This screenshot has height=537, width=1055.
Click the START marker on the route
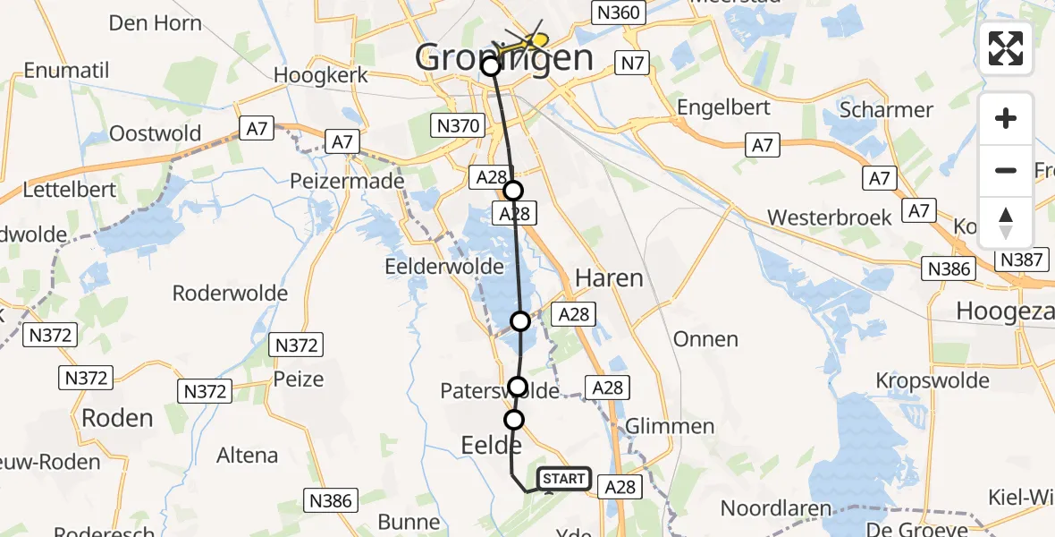563,479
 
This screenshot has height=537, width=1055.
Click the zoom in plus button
1006,118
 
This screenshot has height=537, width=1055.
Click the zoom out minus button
1006,170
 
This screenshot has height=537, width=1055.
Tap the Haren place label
609,278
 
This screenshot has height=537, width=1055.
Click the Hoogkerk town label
322,75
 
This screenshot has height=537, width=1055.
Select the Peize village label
299,379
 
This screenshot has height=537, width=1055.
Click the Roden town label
117,418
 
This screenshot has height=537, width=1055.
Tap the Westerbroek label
830,217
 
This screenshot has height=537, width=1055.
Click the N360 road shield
617,12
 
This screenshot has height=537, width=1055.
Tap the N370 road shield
456,126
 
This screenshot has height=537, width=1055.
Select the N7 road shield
630,63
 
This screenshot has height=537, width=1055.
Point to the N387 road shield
1019,260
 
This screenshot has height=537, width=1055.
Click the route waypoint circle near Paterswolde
518,387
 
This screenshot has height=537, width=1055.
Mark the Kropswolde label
932,380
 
